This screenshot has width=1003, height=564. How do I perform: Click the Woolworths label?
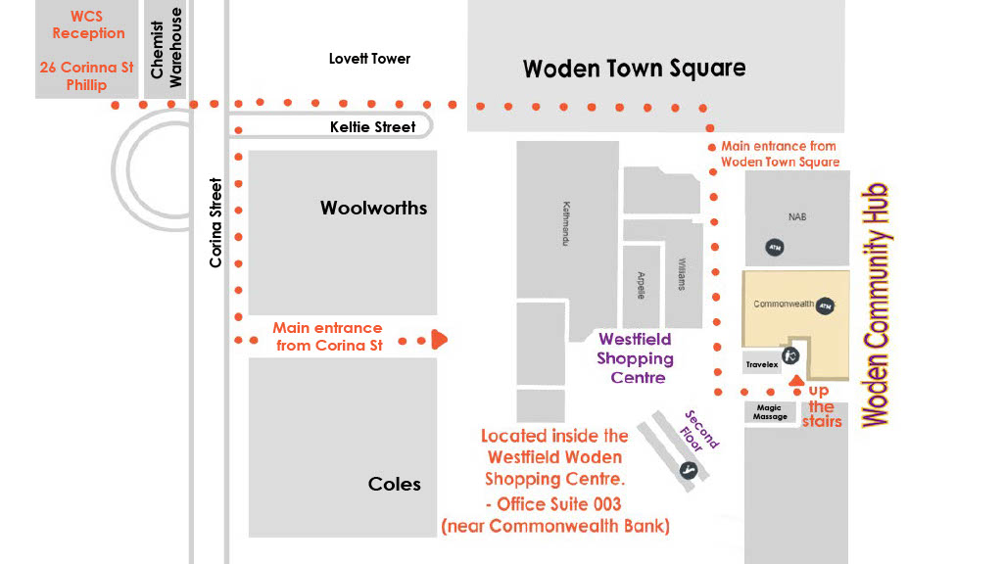(373, 208)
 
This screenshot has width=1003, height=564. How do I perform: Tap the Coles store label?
(395, 484)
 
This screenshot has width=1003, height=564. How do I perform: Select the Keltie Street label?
(373, 126)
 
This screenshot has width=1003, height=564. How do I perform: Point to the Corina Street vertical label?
(216, 222)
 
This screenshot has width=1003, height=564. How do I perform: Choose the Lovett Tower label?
(369, 59)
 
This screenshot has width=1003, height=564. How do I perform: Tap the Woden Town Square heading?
(634, 69)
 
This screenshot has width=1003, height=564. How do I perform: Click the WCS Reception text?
(88, 24)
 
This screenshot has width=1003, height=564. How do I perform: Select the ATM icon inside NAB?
(774, 248)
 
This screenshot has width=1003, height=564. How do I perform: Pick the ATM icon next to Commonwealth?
(825, 305)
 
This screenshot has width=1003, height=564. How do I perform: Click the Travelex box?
(761, 364)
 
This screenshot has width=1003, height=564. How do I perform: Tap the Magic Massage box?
(770, 412)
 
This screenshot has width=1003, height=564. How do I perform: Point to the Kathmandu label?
(566, 224)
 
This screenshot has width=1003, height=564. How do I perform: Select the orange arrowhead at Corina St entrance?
(440, 340)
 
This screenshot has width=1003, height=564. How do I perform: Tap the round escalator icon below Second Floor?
(689, 470)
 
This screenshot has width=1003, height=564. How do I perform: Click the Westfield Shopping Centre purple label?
(635, 357)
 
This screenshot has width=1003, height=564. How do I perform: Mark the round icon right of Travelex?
(790, 355)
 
